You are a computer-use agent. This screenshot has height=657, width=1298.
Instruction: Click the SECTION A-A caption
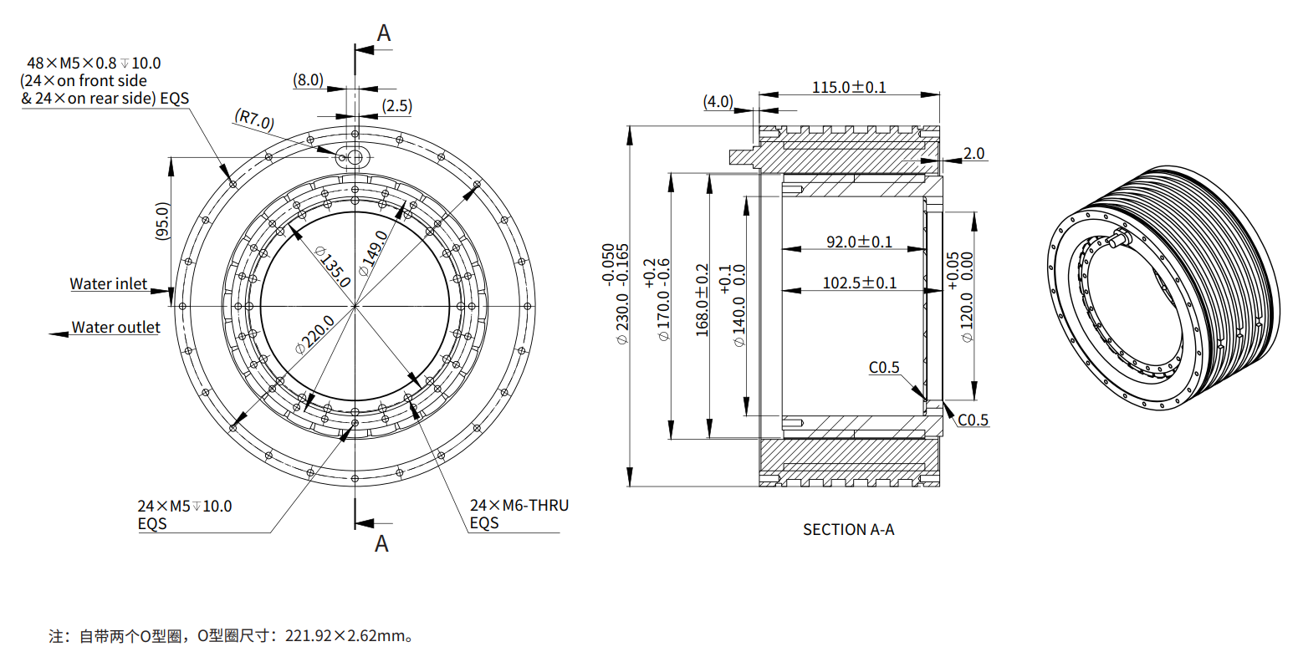click(848, 529)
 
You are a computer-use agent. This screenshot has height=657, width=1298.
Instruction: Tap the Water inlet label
click(108, 284)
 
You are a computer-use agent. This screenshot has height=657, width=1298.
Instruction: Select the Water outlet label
click(115, 328)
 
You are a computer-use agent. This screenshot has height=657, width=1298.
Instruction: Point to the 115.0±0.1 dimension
click(848, 87)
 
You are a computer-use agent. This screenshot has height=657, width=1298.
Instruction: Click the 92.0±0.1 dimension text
click(859, 242)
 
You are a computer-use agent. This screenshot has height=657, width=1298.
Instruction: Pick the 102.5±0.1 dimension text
click(859, 283)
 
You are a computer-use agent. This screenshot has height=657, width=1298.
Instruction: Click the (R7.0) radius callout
click(254, 119)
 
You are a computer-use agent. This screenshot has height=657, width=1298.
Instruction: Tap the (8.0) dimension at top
click(308, 80)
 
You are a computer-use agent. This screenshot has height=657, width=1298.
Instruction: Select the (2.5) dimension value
click(396, 106)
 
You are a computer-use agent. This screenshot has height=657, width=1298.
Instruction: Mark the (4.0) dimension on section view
click(718, 102)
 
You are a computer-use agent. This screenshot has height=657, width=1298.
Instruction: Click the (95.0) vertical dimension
click(162, 222)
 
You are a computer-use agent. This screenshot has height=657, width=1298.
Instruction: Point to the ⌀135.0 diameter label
click(334, 267)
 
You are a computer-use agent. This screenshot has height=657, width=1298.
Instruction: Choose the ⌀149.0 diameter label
click(373, 253)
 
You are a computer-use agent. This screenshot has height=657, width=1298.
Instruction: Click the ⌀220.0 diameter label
click(314, 335)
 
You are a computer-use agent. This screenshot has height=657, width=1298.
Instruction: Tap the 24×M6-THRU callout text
click(519, 506)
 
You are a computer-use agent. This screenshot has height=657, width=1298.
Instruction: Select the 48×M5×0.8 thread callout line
click(94, 63)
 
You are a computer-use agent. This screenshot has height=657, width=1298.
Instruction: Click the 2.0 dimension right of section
click(973, 154)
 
